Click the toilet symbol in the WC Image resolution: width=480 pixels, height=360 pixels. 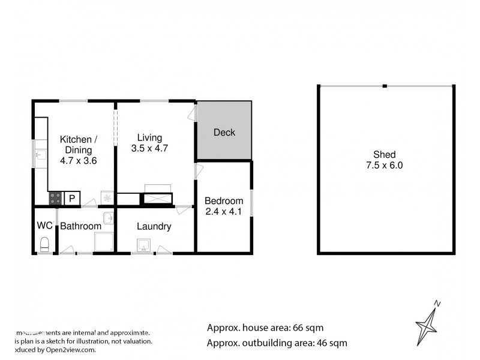tap(44, 244)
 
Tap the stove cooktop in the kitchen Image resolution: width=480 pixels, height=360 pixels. tap(55, 198)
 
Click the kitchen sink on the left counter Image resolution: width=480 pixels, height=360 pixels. tap(40, 155)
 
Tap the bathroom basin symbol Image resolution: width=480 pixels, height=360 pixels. tap(108, 217)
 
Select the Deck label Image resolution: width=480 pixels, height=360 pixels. tap(224, 133)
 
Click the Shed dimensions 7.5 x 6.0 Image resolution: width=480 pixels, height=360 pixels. tap(385, 165)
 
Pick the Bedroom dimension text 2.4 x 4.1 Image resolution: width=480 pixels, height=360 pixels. tap(224, 211)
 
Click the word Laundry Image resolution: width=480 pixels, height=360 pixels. tap(154, 226)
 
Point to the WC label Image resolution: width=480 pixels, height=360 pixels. tap(44, 226)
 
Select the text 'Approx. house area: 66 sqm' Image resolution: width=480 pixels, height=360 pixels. tap(265, 328)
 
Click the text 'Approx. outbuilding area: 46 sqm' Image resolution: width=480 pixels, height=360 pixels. tap(277, 343)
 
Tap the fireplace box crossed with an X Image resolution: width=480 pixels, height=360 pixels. tap(157, 199)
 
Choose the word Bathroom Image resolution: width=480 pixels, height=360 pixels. tap(80, 226)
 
